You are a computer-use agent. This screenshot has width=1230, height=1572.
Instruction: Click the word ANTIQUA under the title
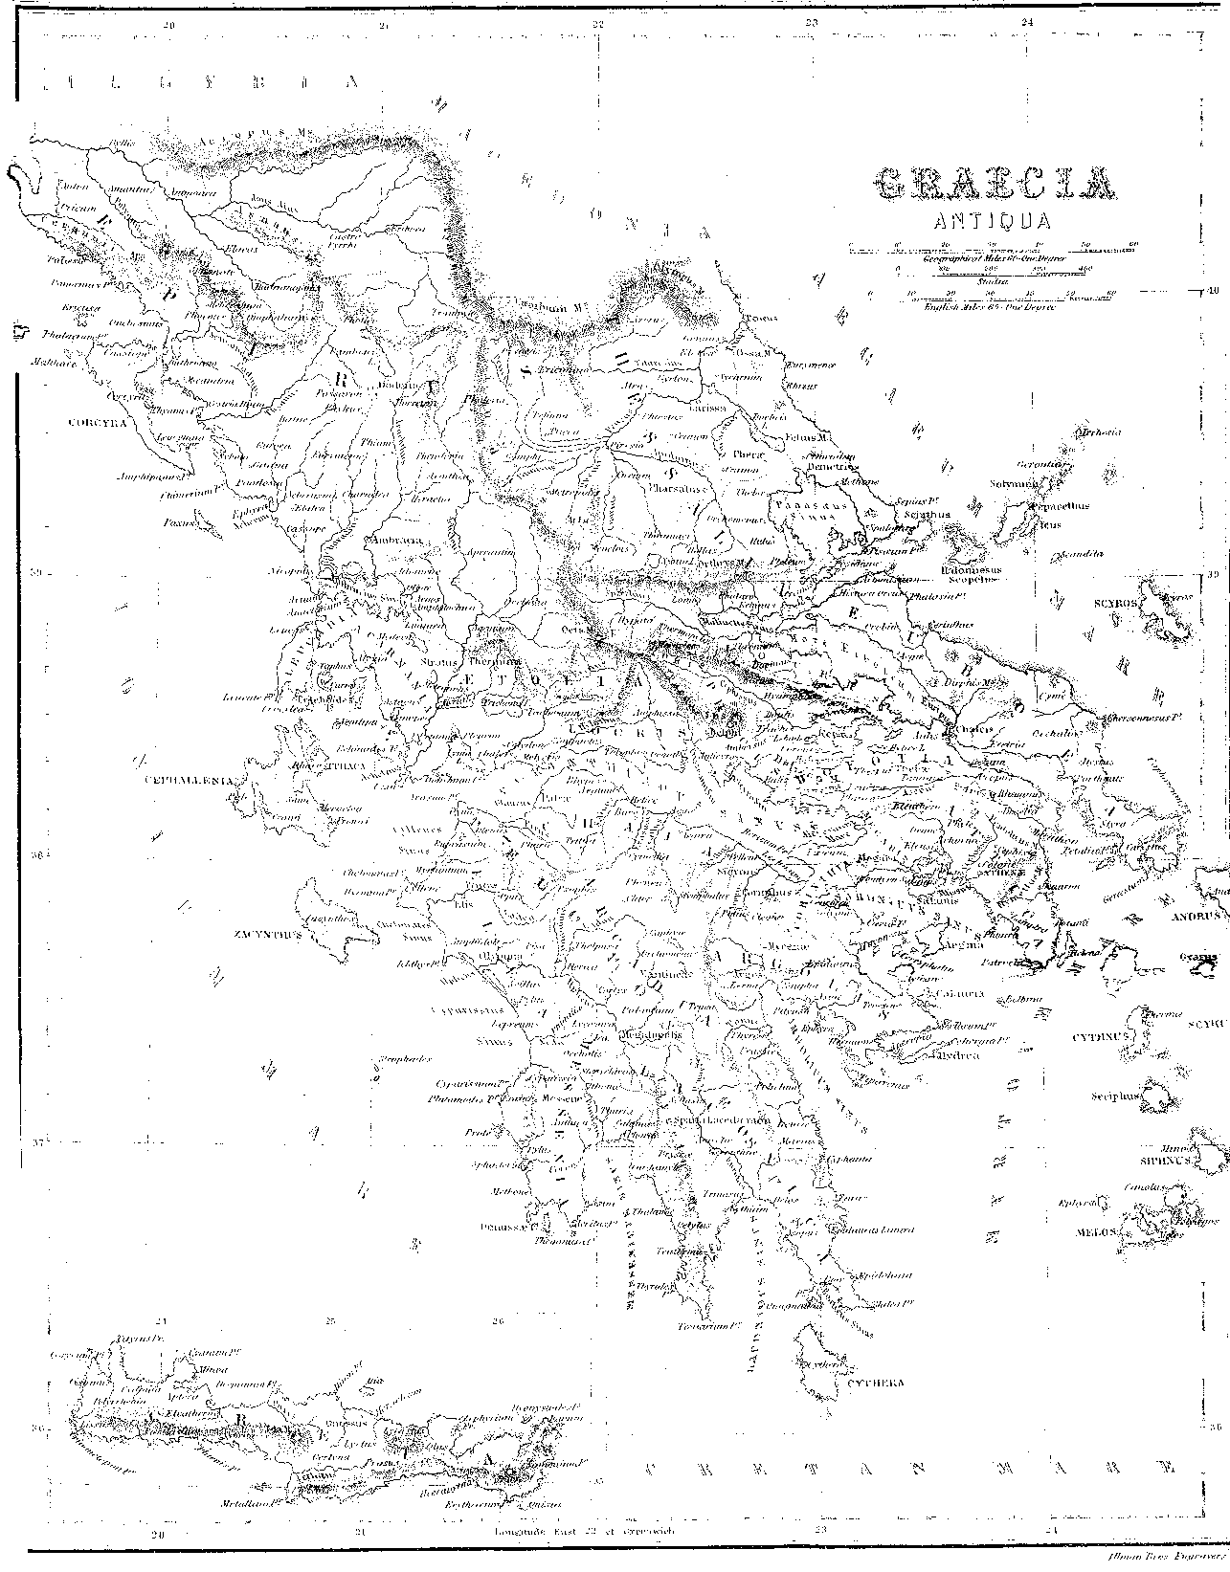pos(994,221)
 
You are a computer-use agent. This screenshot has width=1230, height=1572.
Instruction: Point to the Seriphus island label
pos(1112,1097)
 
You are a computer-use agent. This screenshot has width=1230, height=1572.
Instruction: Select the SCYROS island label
pos(1115,604)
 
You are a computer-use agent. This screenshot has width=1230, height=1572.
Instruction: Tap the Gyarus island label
pos(1198,958)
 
